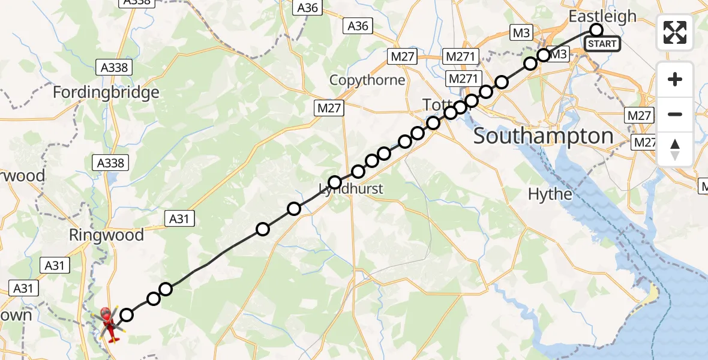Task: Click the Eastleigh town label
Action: [602, 16]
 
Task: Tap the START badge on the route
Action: [602, 44]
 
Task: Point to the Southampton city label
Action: [544, 136]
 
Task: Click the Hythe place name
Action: [550, 194]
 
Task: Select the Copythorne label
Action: [367, 80]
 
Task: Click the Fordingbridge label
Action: [106, 92]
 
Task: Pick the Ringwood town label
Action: [107, 235]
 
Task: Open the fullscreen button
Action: [675, 32]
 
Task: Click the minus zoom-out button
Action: [675, 114]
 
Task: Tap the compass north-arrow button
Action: [675, 149]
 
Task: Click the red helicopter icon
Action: [109, 325]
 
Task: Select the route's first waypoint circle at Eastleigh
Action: [596, 30]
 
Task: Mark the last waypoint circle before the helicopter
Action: [127, 314]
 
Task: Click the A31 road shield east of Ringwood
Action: [179, 219]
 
